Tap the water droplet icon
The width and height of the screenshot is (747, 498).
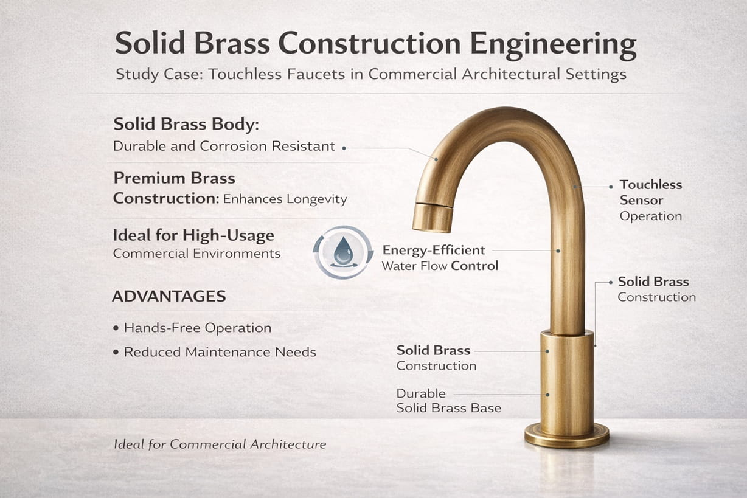342,251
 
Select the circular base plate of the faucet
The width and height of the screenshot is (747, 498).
566,435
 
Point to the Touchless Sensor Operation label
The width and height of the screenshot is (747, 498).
650,200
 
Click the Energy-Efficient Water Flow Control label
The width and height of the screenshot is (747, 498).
439,258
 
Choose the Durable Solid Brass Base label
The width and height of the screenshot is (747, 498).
448,401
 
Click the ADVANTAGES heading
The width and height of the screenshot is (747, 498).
169,296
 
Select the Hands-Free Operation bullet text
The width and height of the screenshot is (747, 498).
197,328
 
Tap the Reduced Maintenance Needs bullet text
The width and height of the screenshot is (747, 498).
220,352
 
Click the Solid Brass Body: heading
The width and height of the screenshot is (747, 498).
186,124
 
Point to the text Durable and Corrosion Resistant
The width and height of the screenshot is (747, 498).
224,147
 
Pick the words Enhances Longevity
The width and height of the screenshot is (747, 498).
285,199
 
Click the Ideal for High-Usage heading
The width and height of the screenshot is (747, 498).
193,235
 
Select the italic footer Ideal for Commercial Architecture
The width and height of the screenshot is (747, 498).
220,444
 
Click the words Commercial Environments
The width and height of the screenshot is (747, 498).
196,254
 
